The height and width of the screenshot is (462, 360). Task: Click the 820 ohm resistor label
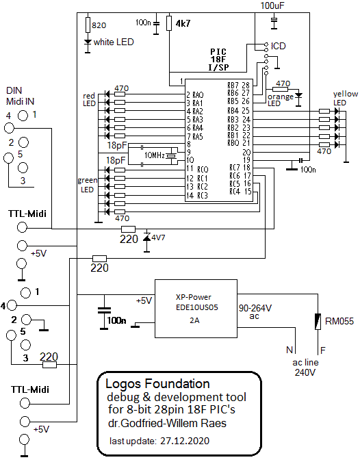pos(99,25)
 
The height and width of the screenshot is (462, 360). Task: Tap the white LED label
pos(114,42)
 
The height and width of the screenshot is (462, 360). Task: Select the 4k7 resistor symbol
pos(169,23)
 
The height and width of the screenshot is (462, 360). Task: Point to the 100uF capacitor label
pos(272,5)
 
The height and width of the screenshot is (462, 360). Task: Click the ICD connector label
pos(279,46)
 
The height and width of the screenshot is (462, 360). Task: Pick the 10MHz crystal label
pos(155,155)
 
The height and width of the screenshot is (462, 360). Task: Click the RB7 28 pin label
pos(238,86)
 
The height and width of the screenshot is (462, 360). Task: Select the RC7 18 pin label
pos(240,168)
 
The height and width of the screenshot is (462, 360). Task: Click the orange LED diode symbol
pos(298,95)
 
